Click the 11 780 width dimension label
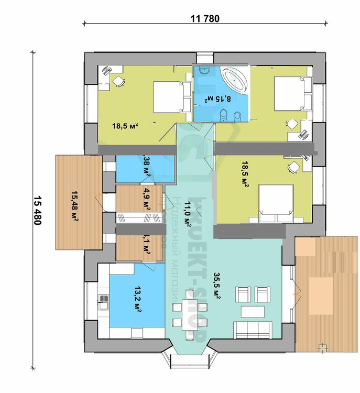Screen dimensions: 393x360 click(x=205, y=19)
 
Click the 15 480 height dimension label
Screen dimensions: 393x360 click(x=37, y=210)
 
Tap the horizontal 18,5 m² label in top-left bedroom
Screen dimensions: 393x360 click(x=125, y=126)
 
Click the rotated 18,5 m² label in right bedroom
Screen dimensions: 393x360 click(x=245, y=174)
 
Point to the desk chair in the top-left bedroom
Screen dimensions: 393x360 click(x=119, y=81)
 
